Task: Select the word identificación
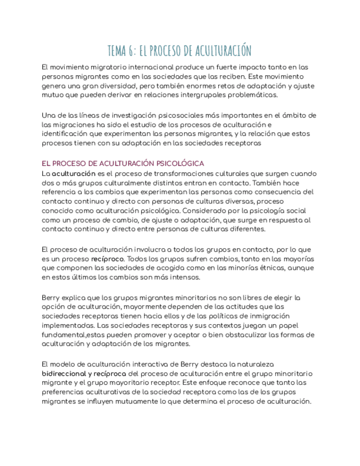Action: pyautogui.click(x=67, y=134)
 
